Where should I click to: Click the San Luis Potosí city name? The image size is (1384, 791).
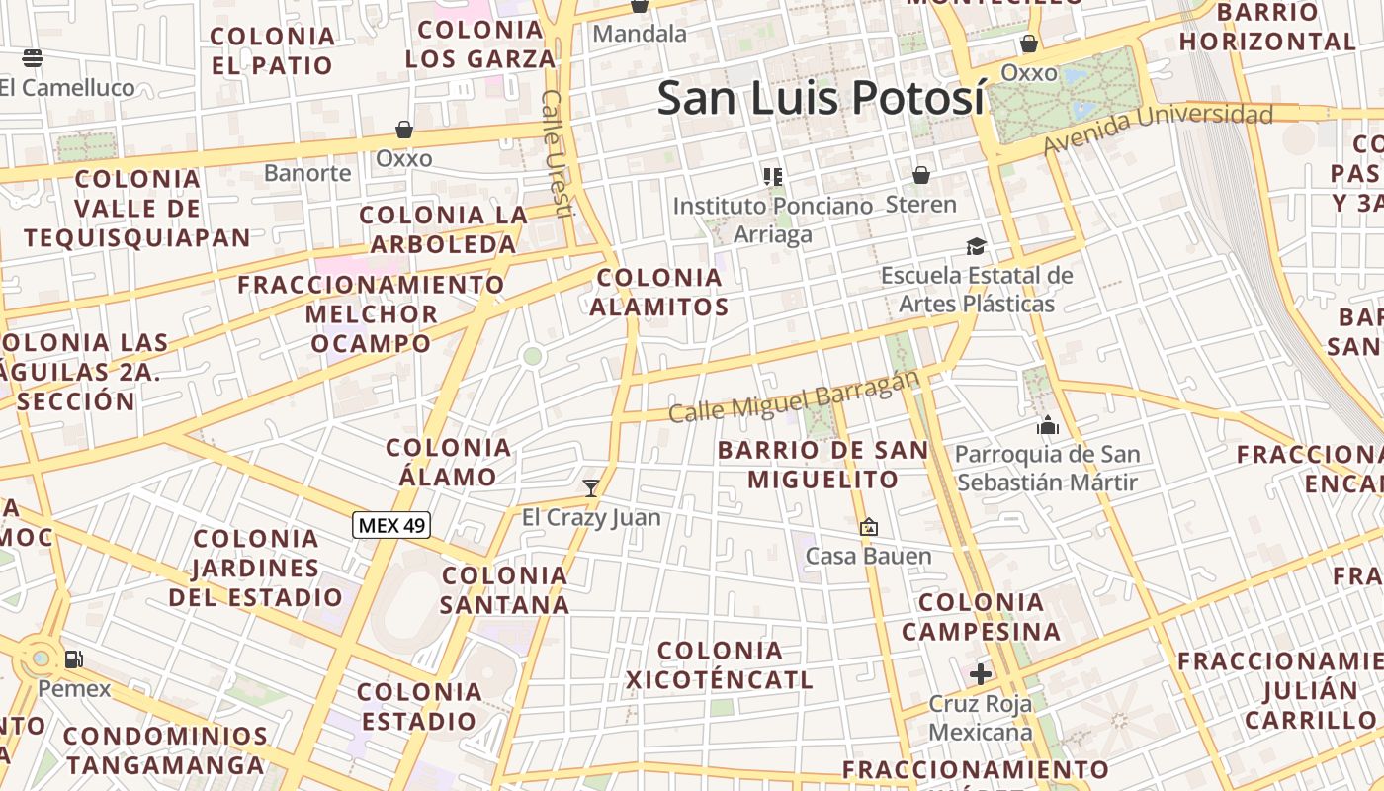(x=821, y=98)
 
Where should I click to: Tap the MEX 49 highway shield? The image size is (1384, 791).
(x=391, y=525)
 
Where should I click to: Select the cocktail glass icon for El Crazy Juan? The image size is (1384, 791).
(x=591, y=487)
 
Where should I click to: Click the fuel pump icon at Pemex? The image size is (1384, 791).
(x=73, y=659)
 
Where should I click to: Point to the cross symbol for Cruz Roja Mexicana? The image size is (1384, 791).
(x=981, y=674)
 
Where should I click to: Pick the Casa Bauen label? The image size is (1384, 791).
(x=868, y=556)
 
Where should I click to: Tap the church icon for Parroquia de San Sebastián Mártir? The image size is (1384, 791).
(x=1047, y=426)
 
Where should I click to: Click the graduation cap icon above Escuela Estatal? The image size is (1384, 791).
(x=976, y=246)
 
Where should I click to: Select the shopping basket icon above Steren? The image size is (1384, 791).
(x=921, y=175)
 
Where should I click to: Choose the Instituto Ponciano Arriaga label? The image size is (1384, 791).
(x=773, y=220)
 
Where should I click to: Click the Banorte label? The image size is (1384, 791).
(x=307, y=173)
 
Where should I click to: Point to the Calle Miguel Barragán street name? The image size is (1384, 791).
(x=794, y=396)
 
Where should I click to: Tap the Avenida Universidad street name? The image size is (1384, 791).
(x=1158, y=129)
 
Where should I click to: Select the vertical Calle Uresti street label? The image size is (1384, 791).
(x=559, y=153)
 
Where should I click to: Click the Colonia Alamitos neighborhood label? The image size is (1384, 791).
(x=659, y=292)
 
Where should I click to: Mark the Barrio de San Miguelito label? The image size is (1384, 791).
(x=822, y=465)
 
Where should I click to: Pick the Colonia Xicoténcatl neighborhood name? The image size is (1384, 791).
(x=720, y=664)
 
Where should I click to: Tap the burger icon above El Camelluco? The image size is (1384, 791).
(x=32, y=57)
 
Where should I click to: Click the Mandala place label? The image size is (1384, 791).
(x=640, y=34)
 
